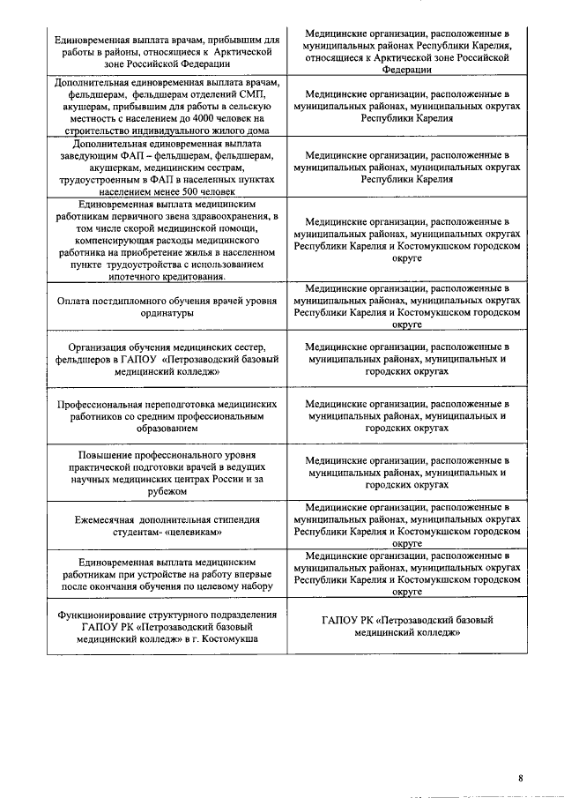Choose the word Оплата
click(x=75, y=301)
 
